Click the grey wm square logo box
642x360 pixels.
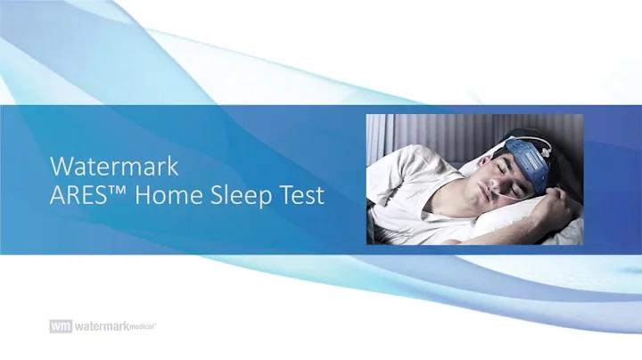[60, 327]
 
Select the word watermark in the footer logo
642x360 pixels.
[100, 327]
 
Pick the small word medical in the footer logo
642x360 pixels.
[142, 327]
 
